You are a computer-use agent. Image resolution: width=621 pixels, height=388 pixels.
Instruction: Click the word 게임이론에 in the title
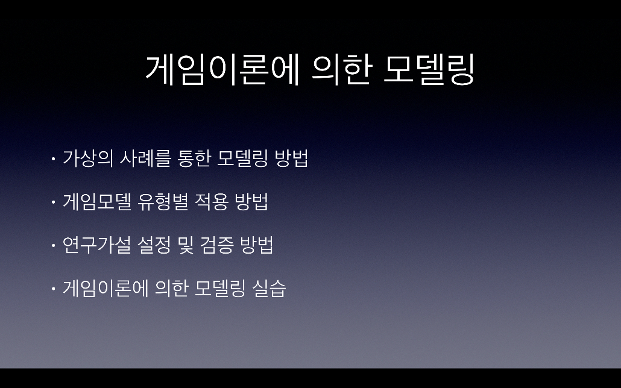[x=222, y=70]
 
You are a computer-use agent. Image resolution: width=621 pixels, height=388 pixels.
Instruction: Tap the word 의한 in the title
[x=341, y=70]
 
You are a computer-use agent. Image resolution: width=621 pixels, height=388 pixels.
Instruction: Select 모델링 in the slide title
[x=429, y=70]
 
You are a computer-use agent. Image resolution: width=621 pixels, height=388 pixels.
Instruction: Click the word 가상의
[x=88, y=158]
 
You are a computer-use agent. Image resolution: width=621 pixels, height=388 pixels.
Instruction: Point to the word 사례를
[x=145, y=158]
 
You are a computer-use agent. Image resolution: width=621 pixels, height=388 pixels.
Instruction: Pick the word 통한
[x=194, y=158]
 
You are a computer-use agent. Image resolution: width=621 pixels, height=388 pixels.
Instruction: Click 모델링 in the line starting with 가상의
[x=243, y=158]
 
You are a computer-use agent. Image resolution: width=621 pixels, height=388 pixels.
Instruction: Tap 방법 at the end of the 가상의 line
[x=291, y=158]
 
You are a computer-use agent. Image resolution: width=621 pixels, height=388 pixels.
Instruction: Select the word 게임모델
[x=97, y=201]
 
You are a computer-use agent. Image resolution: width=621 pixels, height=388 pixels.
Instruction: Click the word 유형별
[x=162, y=201]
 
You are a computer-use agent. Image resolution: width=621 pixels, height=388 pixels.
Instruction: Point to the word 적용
[x=211, y=201]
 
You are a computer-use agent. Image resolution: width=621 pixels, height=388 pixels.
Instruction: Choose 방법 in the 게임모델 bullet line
[x=251, y=201]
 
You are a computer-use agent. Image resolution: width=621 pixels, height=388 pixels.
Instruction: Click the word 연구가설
[x=96, y=245]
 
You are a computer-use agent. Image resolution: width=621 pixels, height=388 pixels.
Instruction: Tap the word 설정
[x=154, y=245]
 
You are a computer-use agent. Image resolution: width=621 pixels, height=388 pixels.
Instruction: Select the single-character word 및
[x=186, y=245]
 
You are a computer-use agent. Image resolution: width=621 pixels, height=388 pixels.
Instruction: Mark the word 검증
[x=217, y=245]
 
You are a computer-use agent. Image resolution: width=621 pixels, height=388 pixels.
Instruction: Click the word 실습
[x=269, y=289]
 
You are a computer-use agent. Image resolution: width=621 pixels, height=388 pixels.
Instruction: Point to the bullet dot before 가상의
[x=53, y=159]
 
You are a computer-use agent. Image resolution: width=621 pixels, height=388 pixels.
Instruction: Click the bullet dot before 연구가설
[x=53, y=246]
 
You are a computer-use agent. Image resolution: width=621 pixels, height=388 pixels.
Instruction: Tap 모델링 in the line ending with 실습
[x=220, y=289]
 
